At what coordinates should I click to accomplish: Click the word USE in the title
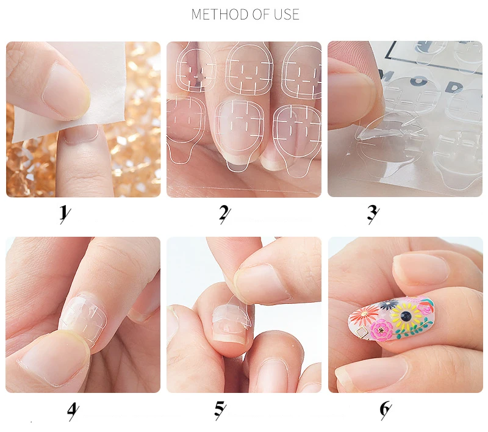(x=284, y=14)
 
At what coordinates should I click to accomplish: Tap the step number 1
(x=63, y=213)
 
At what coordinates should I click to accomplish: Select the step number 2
(x=224, y=213)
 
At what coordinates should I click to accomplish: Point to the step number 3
(x=373, y=213)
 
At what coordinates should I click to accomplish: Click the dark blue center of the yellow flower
(x=403, y=315)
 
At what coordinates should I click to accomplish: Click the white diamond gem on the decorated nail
(x=360, y=331)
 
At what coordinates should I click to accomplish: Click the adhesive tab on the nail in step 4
(x=79, y=320)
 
